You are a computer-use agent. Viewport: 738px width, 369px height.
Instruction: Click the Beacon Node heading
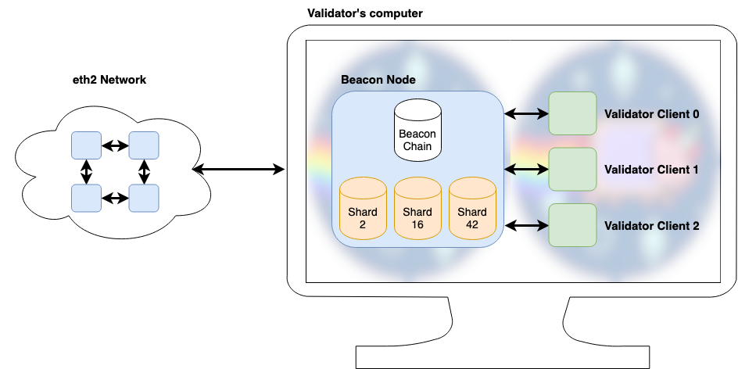[378, 80]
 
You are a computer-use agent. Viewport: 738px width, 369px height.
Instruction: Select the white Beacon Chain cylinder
[417, 131]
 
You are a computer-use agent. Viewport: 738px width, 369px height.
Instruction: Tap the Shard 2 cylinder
[363, 209]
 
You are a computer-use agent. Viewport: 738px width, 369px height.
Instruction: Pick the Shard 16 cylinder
[417, 209]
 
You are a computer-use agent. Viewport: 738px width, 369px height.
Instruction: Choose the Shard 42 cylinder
[472, 209]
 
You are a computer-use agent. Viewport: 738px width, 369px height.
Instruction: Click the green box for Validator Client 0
[572, 113]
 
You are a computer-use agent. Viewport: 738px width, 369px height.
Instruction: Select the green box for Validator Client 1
[572, 169]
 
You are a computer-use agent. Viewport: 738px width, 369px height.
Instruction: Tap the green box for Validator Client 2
[572, 225]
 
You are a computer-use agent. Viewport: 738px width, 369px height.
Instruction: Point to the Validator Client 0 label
[651, 114]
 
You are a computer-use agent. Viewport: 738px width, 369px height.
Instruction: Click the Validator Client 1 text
[651, 170]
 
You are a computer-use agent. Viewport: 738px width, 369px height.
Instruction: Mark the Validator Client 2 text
[651, 226]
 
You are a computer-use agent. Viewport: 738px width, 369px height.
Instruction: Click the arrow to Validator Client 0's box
[526, 114]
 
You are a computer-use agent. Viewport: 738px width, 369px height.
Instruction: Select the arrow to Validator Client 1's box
[526, 170]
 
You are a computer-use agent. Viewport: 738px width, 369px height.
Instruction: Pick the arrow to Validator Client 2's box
[526, 226]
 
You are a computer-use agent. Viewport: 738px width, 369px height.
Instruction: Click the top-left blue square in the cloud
[86, 145]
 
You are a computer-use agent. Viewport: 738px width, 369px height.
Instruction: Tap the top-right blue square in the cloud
[144, 145]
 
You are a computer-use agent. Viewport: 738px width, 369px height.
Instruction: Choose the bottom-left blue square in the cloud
[86, 198]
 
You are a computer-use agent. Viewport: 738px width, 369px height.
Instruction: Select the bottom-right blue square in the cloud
[144, 198]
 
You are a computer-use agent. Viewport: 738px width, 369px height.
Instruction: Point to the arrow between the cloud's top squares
[115, 145]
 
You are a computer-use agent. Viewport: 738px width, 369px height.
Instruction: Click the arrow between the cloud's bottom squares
[115, 198]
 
